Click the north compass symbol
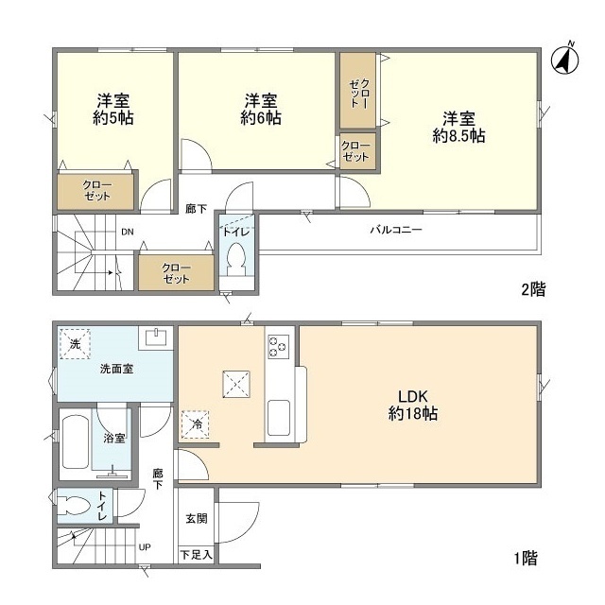[x=565, y=60]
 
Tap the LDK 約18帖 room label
[x=412, y=405]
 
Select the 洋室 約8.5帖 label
[x=458, y=128]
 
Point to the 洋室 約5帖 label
[x=113, y=110]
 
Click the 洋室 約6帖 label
[x=261, y=110]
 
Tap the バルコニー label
[x=396, y=231]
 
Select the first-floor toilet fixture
[x=74, y=505]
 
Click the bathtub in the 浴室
[x=76, y=441]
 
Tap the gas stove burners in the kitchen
[x=278, y=347]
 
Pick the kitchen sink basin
[x=279, y=418]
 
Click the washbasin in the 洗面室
[x=156, y=337]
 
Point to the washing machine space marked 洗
[x=76, y=344]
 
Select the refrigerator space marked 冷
[x=196, y=424]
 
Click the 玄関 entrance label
[x=197, y=519]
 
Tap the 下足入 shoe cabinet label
[x=196, y=555]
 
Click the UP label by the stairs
[x=145, y=547]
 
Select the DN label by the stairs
[x=128, y=232]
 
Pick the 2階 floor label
[x=533, y=289]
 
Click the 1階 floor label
[x=526, y=558]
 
